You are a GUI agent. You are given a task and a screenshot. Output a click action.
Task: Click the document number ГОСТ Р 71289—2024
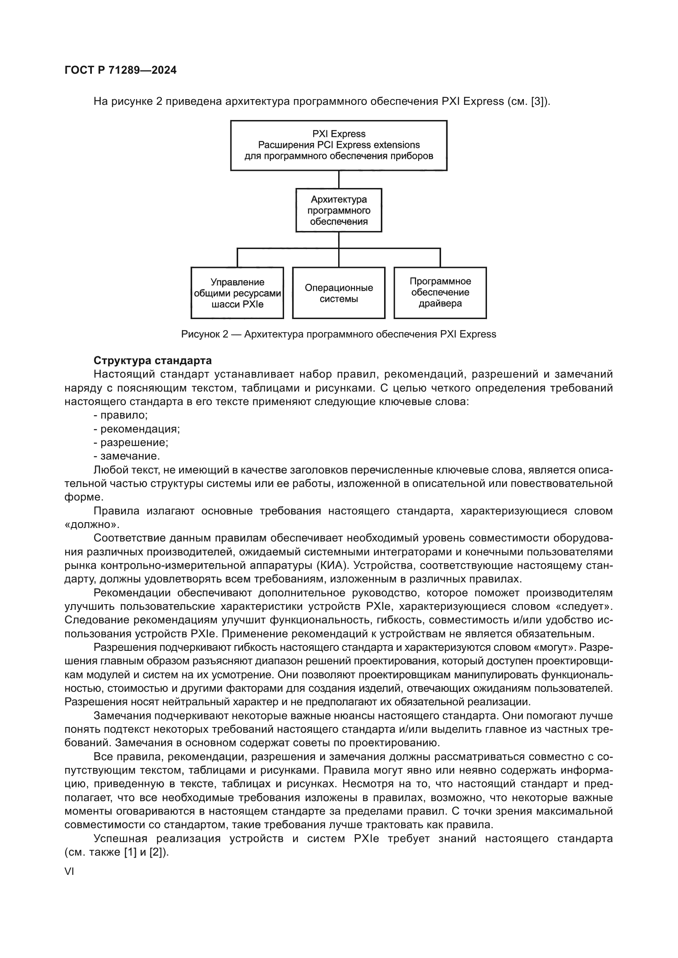click(x=121, y=70)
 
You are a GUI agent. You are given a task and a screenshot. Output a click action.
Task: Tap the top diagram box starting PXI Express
click(x=339, y=145)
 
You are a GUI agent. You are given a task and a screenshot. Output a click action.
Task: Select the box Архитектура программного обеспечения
click(x=339, y=210)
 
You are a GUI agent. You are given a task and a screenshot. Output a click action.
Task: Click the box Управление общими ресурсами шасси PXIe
click(x=237, y=293)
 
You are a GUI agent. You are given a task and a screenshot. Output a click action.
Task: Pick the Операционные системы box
click(x=339, y=293)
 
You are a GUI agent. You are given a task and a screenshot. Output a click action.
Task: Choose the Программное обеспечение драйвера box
click(x=440, y=293)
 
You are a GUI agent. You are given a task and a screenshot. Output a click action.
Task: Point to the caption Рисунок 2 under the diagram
click(x=339, y=334)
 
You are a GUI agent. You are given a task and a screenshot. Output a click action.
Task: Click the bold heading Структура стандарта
click(x=152, y=360)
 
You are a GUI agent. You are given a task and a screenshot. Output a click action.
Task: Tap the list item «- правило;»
click(x=121, y=415)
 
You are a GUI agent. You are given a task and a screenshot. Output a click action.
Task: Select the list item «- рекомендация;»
click(x=137, y=429)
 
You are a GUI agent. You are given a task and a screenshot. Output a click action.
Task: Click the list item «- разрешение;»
click(x=131, y=442)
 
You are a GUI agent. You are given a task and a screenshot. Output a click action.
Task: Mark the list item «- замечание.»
click(x=127, y=456)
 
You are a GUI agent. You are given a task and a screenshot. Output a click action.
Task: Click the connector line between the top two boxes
click(x=339, y=179)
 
